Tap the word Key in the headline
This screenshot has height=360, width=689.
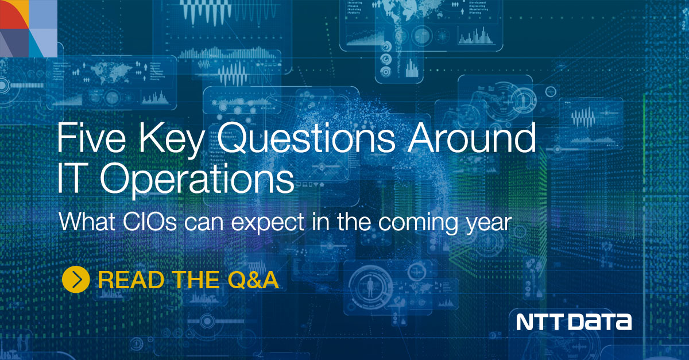coord(176,140)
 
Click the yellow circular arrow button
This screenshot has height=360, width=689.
coord(76,280)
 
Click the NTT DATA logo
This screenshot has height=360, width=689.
coord(574,322)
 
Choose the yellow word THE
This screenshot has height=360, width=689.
coord(195,280)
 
